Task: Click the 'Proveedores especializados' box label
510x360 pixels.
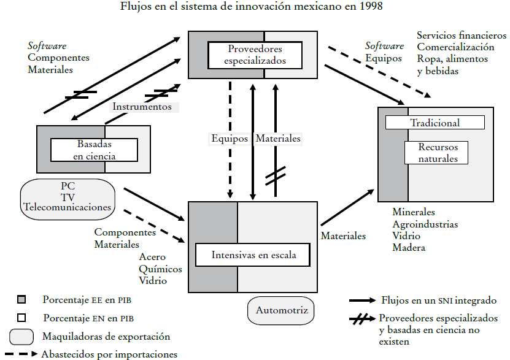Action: (255, 55)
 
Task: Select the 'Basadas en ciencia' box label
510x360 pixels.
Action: (96, 150)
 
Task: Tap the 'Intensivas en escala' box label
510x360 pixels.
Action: (253, 255)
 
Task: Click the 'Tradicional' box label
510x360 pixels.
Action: (435, 123)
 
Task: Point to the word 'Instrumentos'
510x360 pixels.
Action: (142, 107)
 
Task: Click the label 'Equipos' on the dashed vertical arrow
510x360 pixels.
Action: (230, 139)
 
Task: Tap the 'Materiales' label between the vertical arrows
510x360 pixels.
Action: (278, 139)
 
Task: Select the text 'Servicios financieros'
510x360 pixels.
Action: (462, 36)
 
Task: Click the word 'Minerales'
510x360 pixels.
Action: (414, 212)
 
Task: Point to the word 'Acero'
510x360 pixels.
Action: (152, 257)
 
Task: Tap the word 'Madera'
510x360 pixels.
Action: (409, 248)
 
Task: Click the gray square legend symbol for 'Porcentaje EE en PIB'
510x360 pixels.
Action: (21, 300)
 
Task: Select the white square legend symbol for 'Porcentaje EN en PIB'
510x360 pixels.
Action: (21, 318)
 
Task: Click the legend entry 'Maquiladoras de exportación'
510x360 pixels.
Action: (106, 337)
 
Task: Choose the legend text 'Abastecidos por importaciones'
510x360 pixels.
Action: (109, 354)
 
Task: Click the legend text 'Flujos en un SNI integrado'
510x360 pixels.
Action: (439, 301)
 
